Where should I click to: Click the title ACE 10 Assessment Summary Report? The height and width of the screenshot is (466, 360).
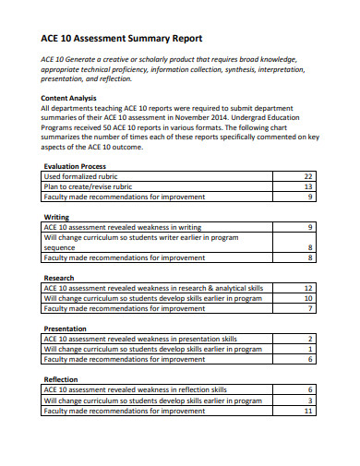tap(121, 39)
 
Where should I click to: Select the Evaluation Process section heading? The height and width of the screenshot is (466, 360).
tap(81, 167)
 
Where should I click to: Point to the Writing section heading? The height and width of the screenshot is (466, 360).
tap(57, 217)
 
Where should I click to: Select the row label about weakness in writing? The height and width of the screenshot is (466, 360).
tap(122, 227)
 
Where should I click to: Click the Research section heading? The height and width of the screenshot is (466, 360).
tap(60, 278)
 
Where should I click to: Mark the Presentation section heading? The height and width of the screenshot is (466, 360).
tap(66, 329)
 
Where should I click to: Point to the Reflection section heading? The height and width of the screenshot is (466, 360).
tap(62, 379)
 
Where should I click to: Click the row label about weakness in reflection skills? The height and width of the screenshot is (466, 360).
tap(135, 389)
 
